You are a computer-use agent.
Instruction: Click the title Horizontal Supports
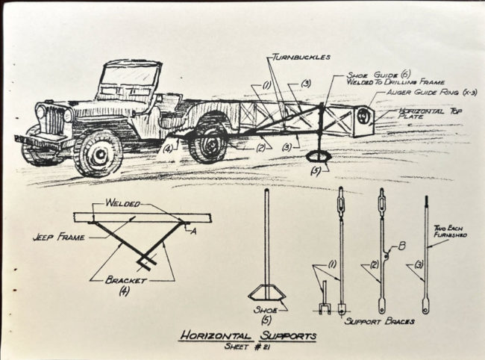pyautogui.click(x=247, y=336)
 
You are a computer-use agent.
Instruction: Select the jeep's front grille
pyautogui.click(x=55, y=122)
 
